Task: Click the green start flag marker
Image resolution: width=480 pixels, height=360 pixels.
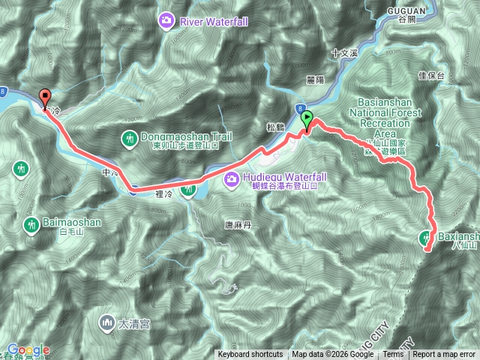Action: point(307,118)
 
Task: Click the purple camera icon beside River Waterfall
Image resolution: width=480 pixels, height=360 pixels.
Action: point(167,22)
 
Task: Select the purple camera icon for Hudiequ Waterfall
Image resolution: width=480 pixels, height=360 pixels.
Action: point(231,177)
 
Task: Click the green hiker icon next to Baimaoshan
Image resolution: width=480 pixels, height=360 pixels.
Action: point(31,223)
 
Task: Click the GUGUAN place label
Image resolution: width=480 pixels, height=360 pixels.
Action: point(407,10)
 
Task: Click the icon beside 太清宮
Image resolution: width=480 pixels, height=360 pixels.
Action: point(106,324)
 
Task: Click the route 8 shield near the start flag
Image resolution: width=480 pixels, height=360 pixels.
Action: point(299,108)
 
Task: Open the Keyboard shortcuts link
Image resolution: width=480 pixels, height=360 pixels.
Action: point(250,355)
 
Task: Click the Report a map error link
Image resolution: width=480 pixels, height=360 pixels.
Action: point(445,355)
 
